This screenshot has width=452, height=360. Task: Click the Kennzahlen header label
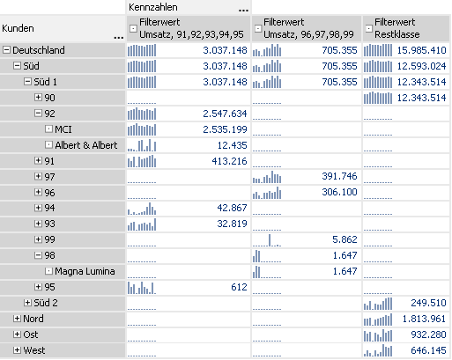[153, 7]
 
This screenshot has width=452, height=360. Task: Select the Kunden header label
[18, 28]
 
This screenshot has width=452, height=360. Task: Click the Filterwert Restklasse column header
[397, 28]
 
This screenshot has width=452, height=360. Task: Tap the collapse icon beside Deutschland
[6, 50]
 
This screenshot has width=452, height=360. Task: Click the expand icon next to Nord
[17, 319]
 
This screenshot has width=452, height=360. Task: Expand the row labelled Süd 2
[27, 303]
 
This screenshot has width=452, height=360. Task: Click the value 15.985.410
[421, 50]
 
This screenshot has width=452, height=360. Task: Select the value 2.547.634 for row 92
[225, 114]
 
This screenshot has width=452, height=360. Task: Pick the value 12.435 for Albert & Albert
[232, 145]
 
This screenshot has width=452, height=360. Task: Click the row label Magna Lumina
[85, 271]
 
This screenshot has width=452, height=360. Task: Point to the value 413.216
[229, 161]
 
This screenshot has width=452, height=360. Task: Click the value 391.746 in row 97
[339, 176]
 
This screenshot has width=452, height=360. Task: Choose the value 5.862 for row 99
[345, 239]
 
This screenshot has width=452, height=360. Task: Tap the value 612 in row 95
[239, 287]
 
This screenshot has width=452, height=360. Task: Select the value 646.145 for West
[428, 350]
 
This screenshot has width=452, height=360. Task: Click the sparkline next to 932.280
[378, 335]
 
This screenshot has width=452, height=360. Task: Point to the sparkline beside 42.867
[142, 209]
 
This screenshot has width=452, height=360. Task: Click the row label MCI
[63, 129]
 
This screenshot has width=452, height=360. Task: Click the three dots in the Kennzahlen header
[243, 11]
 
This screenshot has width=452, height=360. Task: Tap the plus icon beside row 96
[38, 192]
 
